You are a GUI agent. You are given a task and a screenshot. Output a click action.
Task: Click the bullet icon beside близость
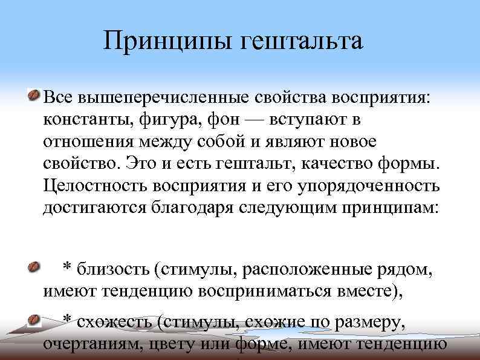[x=34, y=266]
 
